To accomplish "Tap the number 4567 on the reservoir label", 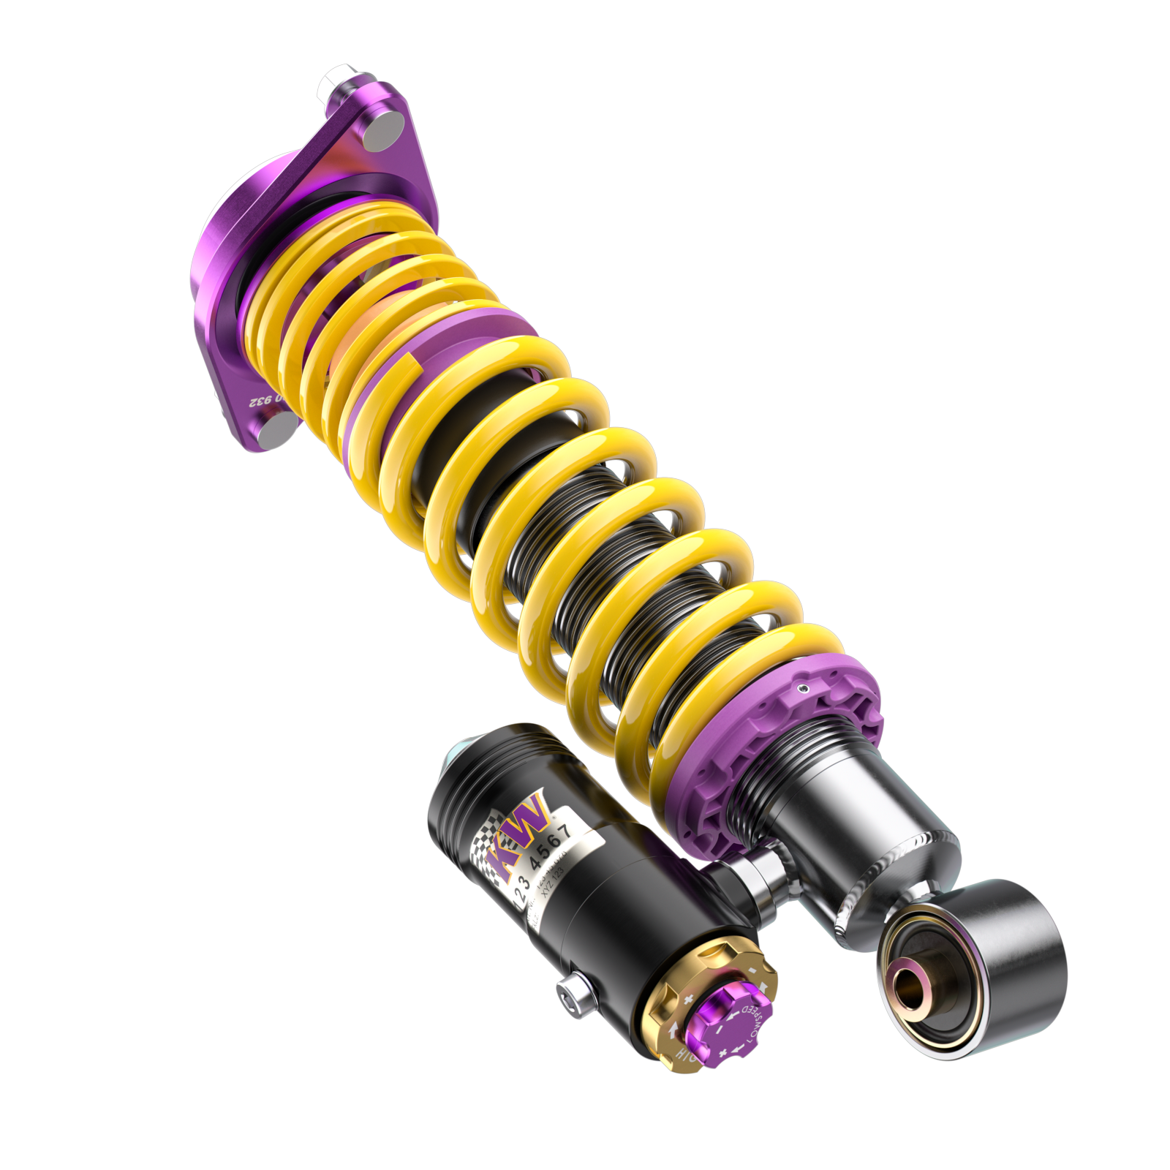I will (552, 848).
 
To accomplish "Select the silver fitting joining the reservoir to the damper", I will (753, 874).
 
